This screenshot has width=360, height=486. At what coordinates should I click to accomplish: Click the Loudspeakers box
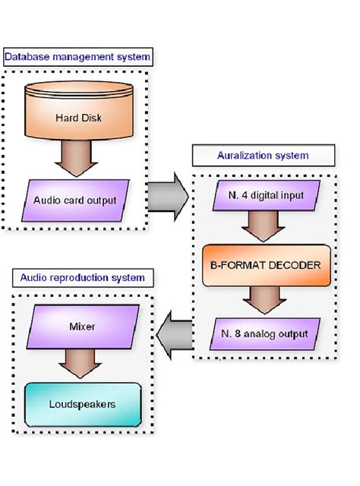(81, 404)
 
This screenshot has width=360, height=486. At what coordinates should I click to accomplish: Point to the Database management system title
(77, 57)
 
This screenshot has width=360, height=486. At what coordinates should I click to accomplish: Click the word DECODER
(293, 265)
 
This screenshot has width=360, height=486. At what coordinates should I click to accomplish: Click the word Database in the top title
(27, 57)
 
